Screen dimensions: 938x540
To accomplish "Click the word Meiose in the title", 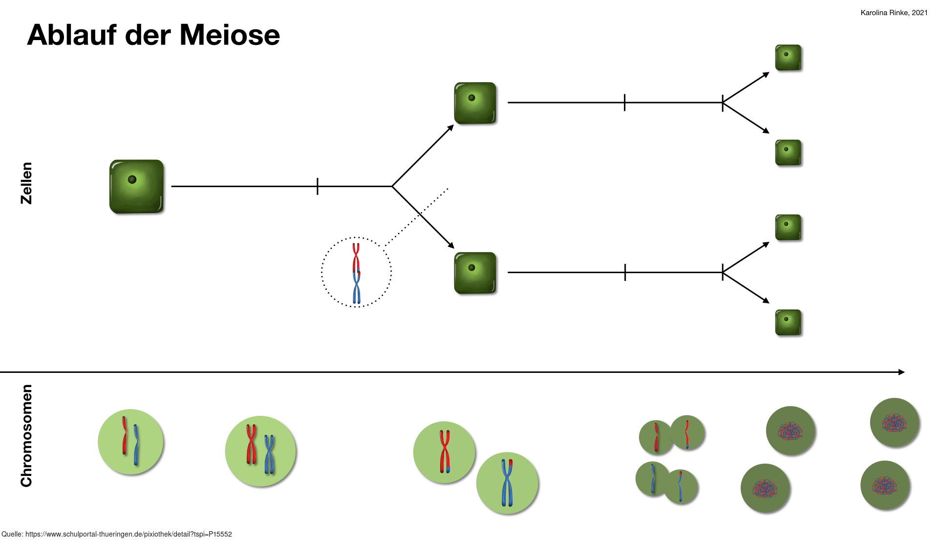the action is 230,35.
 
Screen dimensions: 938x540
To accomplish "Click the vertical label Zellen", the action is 26,183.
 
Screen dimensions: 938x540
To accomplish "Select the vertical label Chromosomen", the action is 26,436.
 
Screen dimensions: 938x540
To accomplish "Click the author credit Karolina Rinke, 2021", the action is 894,13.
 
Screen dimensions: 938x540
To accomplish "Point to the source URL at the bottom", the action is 117,534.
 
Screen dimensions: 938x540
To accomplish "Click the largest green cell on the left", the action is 136,186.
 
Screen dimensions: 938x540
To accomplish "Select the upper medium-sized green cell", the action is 475,103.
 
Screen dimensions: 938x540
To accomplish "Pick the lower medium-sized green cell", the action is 475,273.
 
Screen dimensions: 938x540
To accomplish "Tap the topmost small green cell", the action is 788,58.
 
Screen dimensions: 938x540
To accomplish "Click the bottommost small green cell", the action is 788,323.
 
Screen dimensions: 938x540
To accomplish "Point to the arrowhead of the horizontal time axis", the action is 902,372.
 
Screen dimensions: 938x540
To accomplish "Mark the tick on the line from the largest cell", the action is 318,186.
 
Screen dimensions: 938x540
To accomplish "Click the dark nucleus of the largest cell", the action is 132,180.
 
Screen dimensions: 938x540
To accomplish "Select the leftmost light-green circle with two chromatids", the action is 130,442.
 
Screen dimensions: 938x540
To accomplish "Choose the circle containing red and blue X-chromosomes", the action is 260,451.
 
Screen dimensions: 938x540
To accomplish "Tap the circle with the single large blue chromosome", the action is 507,483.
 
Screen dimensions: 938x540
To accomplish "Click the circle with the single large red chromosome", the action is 444,453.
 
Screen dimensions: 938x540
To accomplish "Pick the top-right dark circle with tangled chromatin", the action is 895,422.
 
